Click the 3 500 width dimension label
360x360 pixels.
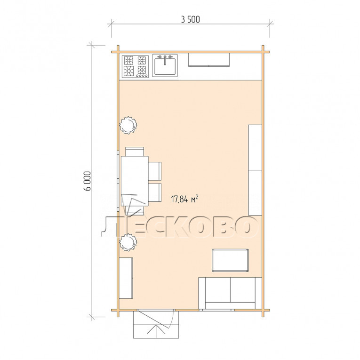point(190,20)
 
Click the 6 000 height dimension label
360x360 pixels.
point(88,181)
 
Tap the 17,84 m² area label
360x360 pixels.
point(184,199)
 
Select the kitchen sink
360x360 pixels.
point(165,65)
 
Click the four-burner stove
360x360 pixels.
point(135,66)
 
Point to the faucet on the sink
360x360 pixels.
point(165,58)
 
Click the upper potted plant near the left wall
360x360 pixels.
point(128,125)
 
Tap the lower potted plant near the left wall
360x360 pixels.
point(128,242)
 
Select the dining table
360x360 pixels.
point(135,181)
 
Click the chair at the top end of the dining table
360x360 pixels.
point(135,152)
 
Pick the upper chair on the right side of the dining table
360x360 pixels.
point(154,171)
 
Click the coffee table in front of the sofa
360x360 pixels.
point(230,260)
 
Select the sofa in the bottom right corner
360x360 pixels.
point(230,293)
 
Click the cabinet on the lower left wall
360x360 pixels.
point(126,278)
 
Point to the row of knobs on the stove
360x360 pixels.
point(142,76)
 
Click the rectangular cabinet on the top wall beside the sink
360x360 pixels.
point(208,60)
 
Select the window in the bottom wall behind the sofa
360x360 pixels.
point(217,310)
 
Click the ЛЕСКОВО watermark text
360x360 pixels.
point(180,227)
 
